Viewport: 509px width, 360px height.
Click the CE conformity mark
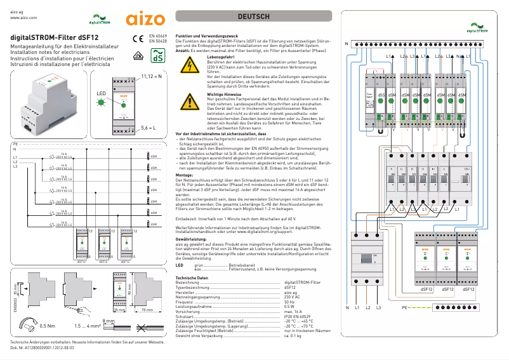[138, 38]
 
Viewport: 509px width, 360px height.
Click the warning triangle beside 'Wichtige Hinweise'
[190, 101]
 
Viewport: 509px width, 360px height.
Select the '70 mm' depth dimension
[148, 310]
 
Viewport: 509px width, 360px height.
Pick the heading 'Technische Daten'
[194, 277]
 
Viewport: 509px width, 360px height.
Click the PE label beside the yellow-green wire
[404, 307]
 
